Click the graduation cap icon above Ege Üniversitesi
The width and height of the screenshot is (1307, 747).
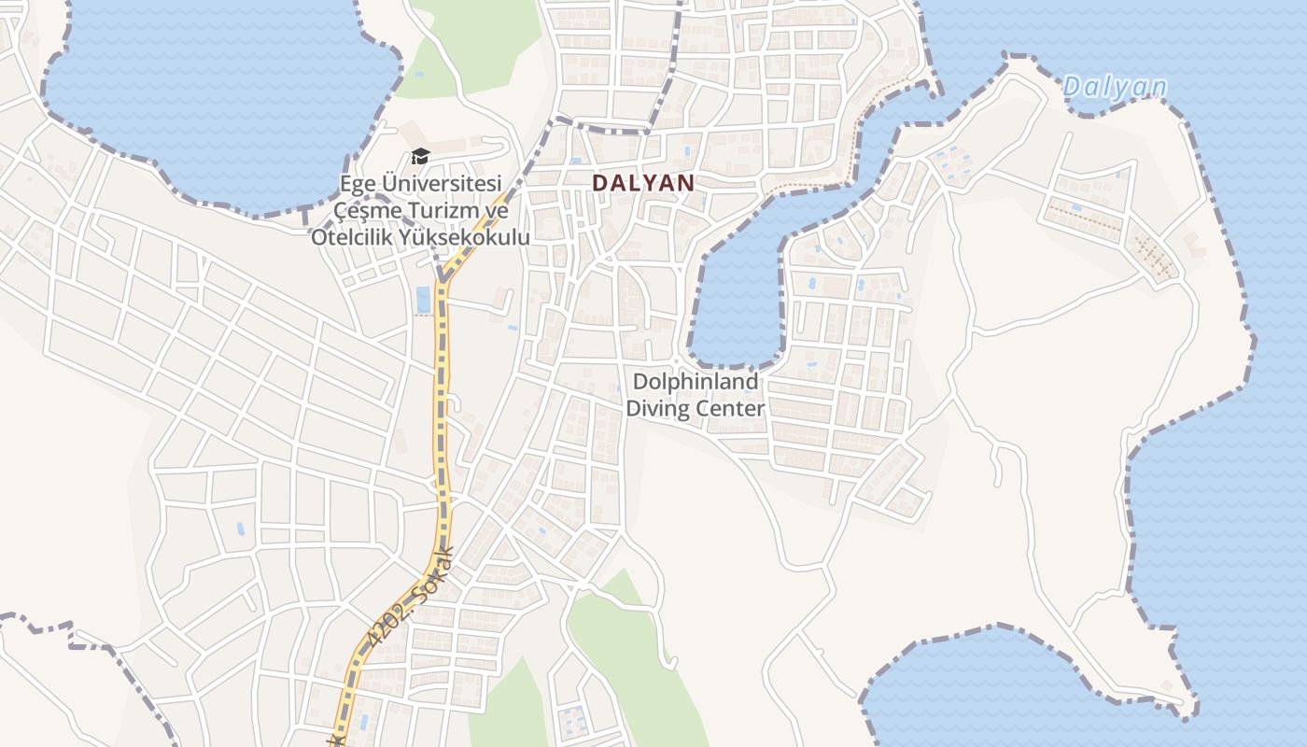420,156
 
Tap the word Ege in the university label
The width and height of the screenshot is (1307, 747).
357,183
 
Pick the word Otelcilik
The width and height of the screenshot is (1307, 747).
352,237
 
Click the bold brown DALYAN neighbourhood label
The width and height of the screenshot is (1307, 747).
644,183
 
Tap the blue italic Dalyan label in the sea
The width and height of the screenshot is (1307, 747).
1115,88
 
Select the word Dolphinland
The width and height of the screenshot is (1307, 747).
696,382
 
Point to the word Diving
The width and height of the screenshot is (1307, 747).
656,408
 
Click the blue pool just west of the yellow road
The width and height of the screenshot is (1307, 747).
423,300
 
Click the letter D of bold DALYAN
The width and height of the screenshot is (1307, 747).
599,183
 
